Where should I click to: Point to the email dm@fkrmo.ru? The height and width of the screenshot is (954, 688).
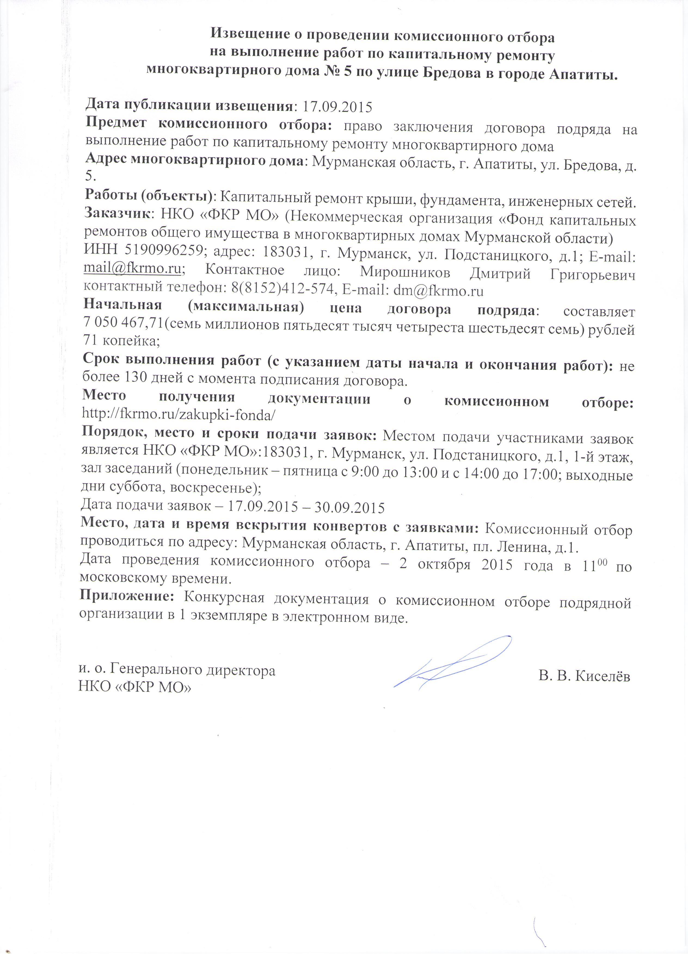pyautogui.click(x=438, y=290)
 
